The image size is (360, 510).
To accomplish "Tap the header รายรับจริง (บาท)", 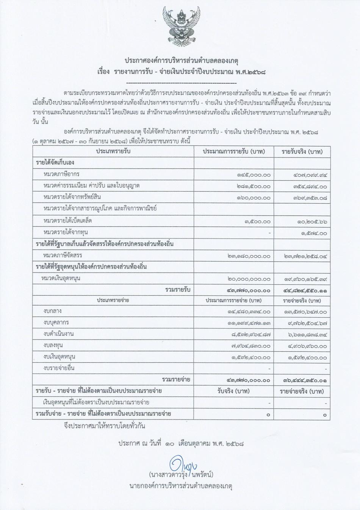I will coord(302,151).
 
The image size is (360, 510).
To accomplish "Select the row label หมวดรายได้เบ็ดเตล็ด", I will coord(68,220).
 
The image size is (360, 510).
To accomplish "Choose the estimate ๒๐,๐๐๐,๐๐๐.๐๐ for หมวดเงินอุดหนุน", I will coord(249,279).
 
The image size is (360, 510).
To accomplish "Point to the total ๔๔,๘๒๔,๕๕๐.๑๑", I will coord(305,291).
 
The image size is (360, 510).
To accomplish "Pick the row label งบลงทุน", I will coord(53,345).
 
